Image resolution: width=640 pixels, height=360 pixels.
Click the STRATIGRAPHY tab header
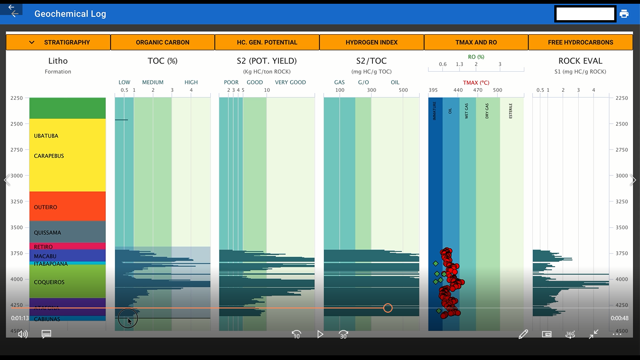[58, 42]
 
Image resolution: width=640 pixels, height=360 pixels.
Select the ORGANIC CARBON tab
[163, 42]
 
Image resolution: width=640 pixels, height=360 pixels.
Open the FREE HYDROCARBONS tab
[580, 42]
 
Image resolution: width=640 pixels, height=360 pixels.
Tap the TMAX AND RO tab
[476, 42]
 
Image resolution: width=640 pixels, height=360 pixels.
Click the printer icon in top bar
[624, 14]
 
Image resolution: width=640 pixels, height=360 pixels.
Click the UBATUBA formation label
[46, 136]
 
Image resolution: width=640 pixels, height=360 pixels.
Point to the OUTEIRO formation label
[45, 207]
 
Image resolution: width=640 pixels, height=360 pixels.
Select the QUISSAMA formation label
[47, 232]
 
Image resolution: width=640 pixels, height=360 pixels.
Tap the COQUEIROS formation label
[49, 282]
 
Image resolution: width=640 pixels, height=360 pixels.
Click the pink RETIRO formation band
[67, 246]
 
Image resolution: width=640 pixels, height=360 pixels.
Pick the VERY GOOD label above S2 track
[290, 82]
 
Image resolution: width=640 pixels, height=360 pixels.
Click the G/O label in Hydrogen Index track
[363, 82]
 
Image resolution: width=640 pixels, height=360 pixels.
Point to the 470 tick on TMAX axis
[477, 90]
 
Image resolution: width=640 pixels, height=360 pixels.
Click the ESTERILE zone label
[511, 111]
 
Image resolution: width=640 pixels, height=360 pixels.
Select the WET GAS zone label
[467, 111]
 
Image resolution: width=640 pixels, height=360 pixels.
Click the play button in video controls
[320, 334]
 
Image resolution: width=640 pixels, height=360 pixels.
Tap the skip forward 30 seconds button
[343, 334]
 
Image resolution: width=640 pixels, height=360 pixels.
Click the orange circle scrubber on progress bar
[387, 308]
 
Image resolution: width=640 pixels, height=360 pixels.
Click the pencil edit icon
[523, 334]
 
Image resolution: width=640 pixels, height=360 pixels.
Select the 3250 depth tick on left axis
[17, 202]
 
